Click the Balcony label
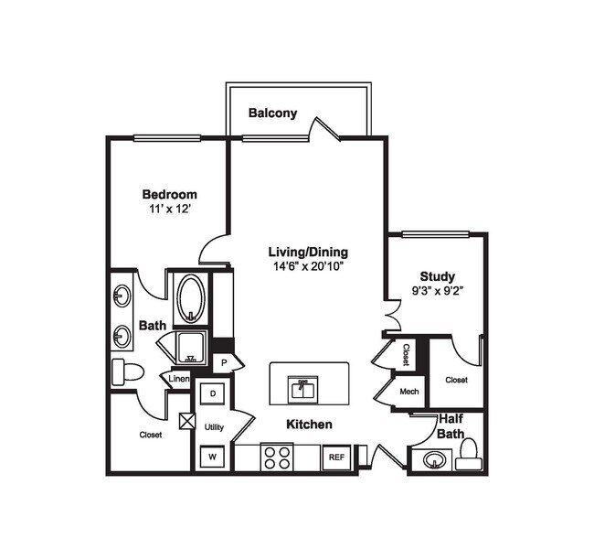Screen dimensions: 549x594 (272, 113)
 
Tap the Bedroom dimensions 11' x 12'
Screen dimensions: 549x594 (169, 209)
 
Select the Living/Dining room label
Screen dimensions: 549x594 (307, 252)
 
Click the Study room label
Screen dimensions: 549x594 (437, 276)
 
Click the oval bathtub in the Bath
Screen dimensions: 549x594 (190, 297)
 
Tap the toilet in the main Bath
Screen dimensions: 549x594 (127, 371)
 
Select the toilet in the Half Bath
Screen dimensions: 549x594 (468, 453)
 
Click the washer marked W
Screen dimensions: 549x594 (213, 455)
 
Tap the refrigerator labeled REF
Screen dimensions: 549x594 (335, 457)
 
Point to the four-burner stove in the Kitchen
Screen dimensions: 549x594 (276, 456)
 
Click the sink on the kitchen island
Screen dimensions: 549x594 (303, 389)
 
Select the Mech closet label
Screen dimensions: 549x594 (408, 392)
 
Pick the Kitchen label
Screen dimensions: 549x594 (309, 425)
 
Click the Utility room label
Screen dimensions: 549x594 (214, 426)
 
